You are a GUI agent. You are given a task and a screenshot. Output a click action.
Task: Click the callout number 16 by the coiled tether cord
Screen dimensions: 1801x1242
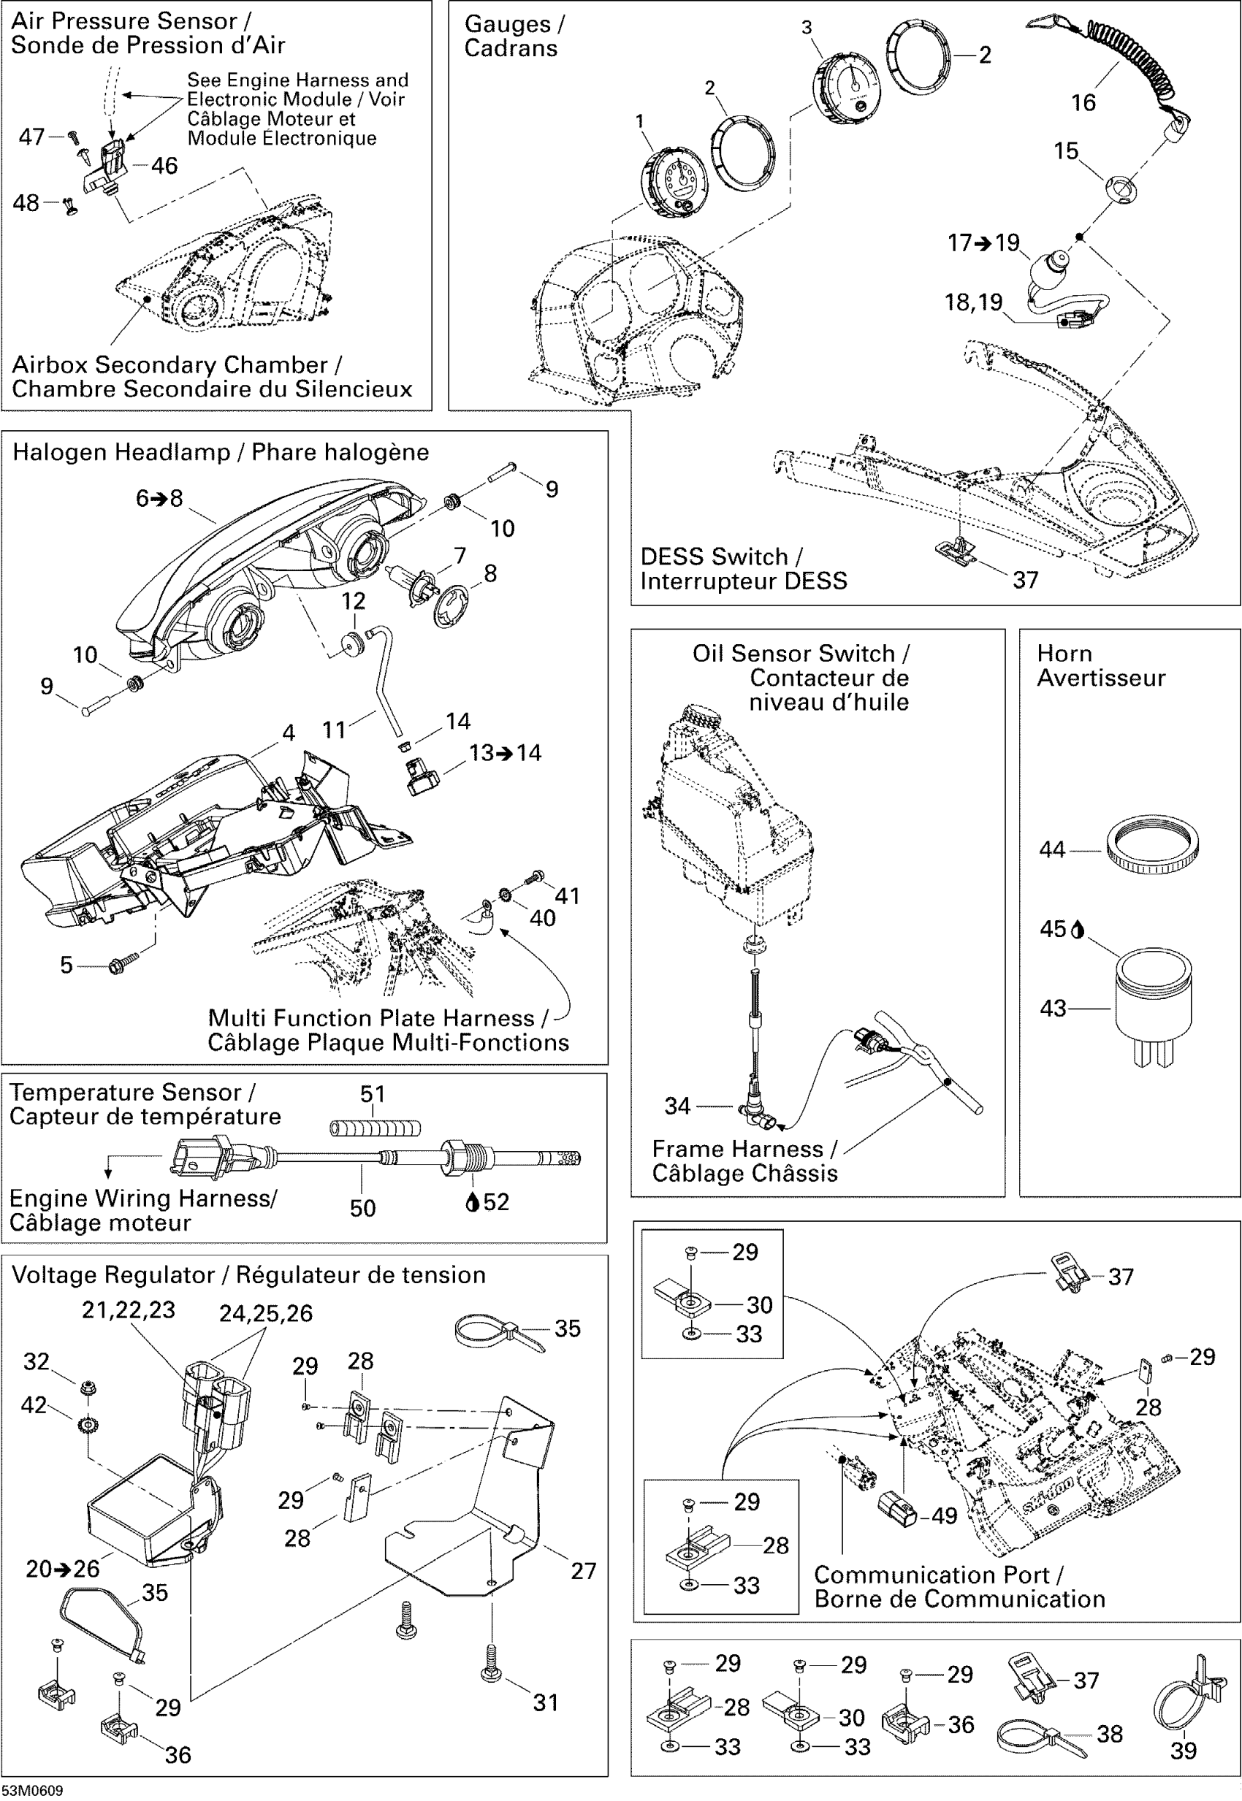coord(1083,103)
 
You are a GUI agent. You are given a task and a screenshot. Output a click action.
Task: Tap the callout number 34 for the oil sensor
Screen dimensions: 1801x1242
coord(677,1106)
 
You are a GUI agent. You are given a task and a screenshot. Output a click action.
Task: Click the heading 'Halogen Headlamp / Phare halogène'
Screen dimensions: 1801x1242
coord(220,452)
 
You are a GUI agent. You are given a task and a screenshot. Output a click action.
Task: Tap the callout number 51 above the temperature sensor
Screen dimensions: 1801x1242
coord(373,1094)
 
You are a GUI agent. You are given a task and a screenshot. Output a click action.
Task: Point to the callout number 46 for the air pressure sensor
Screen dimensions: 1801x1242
coord(164,166)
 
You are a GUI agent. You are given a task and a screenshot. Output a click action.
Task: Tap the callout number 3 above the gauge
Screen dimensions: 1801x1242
coord(807,28)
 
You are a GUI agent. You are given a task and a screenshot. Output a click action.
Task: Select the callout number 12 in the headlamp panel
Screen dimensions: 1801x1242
coord(354,600)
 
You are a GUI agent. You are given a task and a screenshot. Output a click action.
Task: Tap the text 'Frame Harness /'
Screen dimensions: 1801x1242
coord(744,1148)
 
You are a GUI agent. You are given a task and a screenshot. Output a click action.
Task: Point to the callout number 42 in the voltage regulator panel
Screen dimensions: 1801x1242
coord(34,1404)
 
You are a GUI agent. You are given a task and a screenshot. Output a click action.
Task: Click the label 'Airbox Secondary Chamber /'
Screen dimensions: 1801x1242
coord(177,365)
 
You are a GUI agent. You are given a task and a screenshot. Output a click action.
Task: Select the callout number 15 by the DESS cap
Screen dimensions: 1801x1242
coord(1065,151)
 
